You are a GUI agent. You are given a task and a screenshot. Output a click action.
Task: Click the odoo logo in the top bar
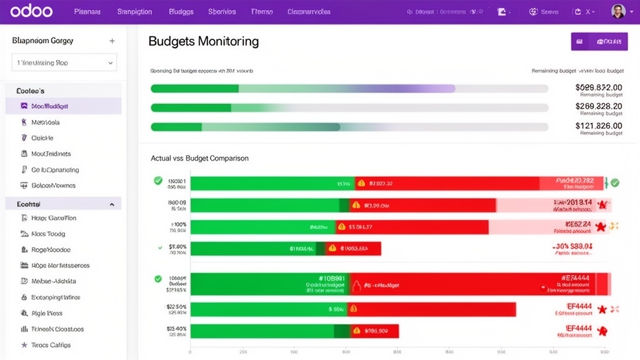click(x=31, y=11)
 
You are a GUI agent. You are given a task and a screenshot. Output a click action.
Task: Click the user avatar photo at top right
click(x=617, y=11)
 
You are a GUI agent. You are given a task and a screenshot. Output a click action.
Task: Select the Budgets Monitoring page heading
click(x=204, y=42)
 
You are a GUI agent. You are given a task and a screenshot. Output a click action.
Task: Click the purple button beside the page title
click(x=599, y=42)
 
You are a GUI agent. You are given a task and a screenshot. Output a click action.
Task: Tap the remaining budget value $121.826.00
click(x=599, y=126)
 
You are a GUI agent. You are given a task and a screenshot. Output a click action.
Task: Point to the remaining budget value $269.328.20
click(x=599, y=106)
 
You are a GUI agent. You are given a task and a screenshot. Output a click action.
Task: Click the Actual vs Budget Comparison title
click(x=200, y=158)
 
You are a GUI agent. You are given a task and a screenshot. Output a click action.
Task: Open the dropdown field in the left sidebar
click(x=64, y=62)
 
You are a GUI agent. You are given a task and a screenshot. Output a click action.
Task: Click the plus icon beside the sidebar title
click(x=112, y=41)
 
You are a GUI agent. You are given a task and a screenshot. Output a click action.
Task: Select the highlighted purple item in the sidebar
click(x=63, y=106)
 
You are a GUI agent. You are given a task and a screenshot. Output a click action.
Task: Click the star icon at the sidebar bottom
click(x=24, y=345)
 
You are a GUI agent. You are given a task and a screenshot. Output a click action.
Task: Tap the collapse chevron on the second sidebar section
click(x=112, y=204)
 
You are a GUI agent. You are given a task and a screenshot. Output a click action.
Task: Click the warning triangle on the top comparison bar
click(x=360, y=184)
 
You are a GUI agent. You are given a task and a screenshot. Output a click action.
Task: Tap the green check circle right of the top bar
click(x=615, y=183)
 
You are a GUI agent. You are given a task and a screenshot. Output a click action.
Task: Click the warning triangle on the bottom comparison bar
click(x=356, y=331)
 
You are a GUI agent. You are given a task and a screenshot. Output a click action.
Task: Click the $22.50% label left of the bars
click(x=176, y=307)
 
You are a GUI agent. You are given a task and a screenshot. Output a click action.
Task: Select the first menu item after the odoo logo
click(x=87, y=12)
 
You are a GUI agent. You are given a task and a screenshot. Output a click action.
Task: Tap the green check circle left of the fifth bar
click(x=158, y=279)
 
